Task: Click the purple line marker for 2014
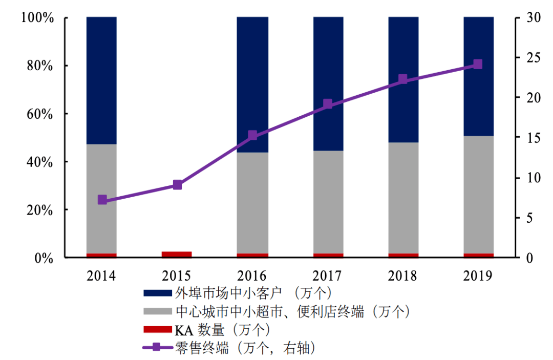[102, 200]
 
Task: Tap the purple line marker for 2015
[177, 185]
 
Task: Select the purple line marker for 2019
[478, 64]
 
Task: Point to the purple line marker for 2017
[328, 104]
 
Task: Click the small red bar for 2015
[177, 255]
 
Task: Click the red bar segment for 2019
[478, 256]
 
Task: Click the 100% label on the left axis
[37, 18]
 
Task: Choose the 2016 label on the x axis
[252, 276]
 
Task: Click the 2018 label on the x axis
[403, 276]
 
